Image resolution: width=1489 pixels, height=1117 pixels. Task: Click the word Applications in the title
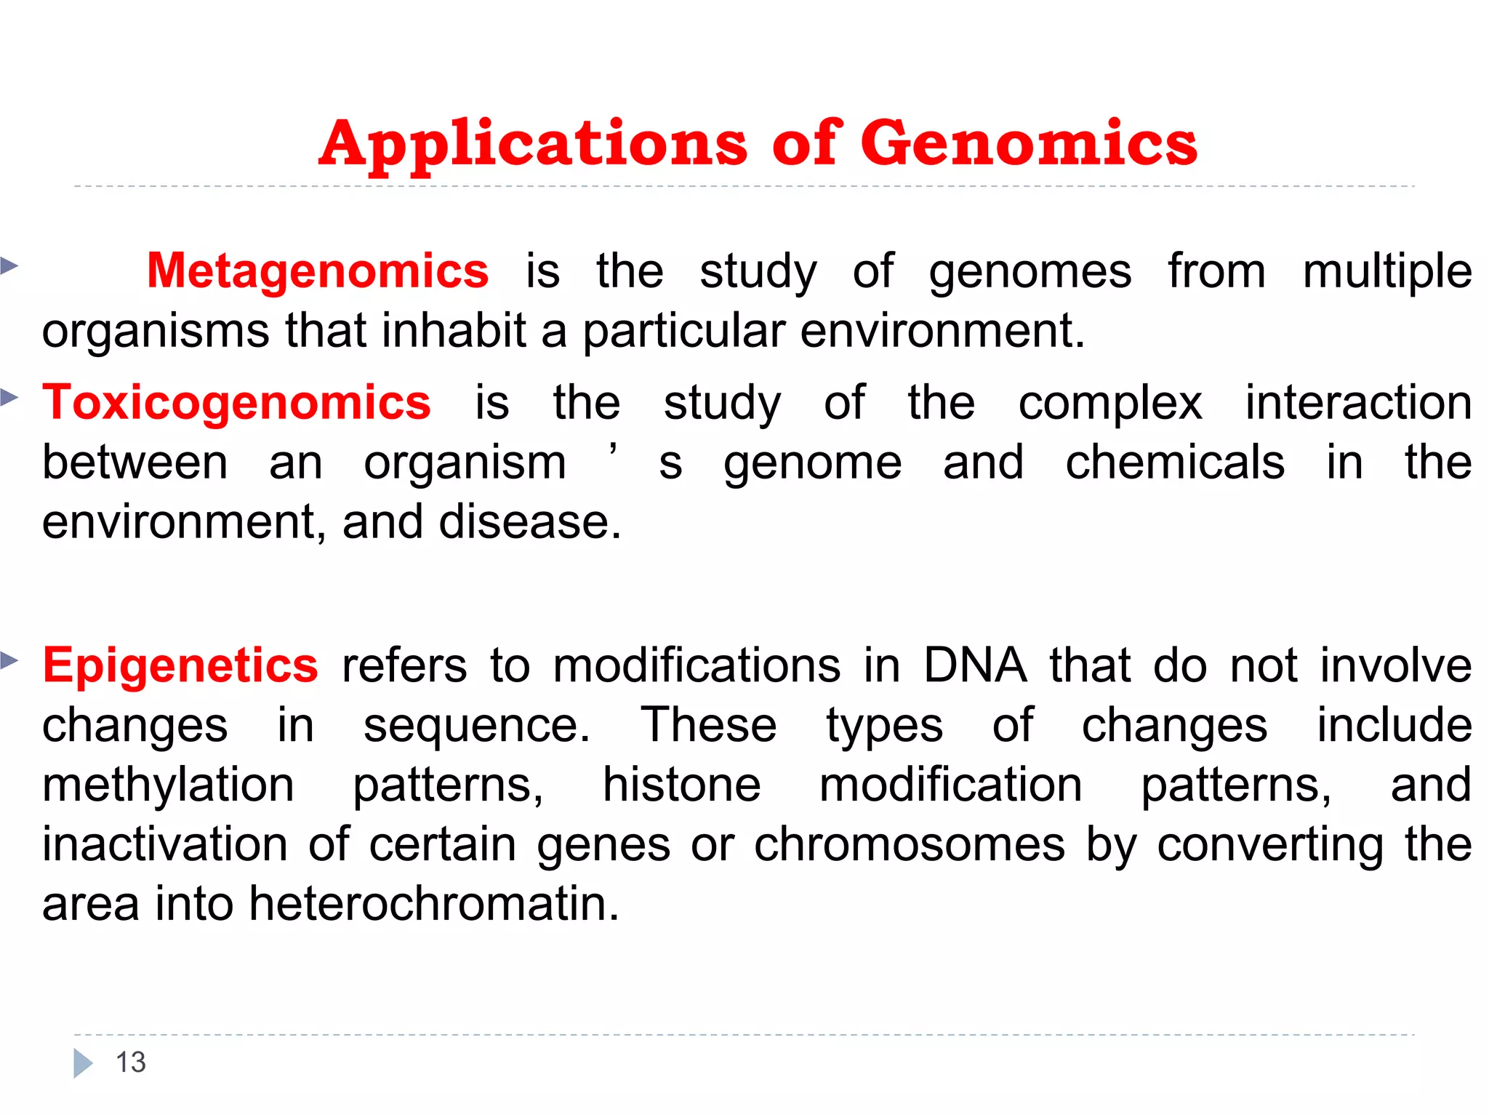pos(533,143)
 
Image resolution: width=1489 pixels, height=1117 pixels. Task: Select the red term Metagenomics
pos(318,271)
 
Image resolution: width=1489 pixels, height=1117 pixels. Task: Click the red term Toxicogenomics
pos(236,403)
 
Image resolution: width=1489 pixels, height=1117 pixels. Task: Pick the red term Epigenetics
pos(180,665)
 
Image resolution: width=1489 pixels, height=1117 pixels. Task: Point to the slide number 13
pos(131,1062)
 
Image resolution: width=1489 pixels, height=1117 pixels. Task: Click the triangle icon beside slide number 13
pos(83,1063)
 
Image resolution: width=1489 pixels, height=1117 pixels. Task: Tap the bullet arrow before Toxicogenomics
pos(9,397)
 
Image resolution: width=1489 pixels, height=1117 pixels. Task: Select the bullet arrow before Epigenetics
pos(9,660)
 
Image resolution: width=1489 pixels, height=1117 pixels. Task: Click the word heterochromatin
pos(433,904)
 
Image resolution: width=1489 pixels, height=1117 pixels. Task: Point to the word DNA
pos(974,665)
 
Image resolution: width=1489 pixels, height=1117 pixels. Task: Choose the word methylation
pos(168,785)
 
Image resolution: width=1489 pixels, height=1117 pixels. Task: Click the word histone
pos(681,785)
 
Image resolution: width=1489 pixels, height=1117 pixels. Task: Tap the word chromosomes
pos(909,845)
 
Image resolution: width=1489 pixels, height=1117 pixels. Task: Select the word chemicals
pos(1174,463)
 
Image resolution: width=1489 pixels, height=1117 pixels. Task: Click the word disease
pos(529,522)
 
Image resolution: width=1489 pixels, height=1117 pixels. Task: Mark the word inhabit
pos(454,331)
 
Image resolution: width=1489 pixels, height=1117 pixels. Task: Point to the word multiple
pos(1386,271)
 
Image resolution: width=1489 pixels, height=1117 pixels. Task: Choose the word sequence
pos(476,726)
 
